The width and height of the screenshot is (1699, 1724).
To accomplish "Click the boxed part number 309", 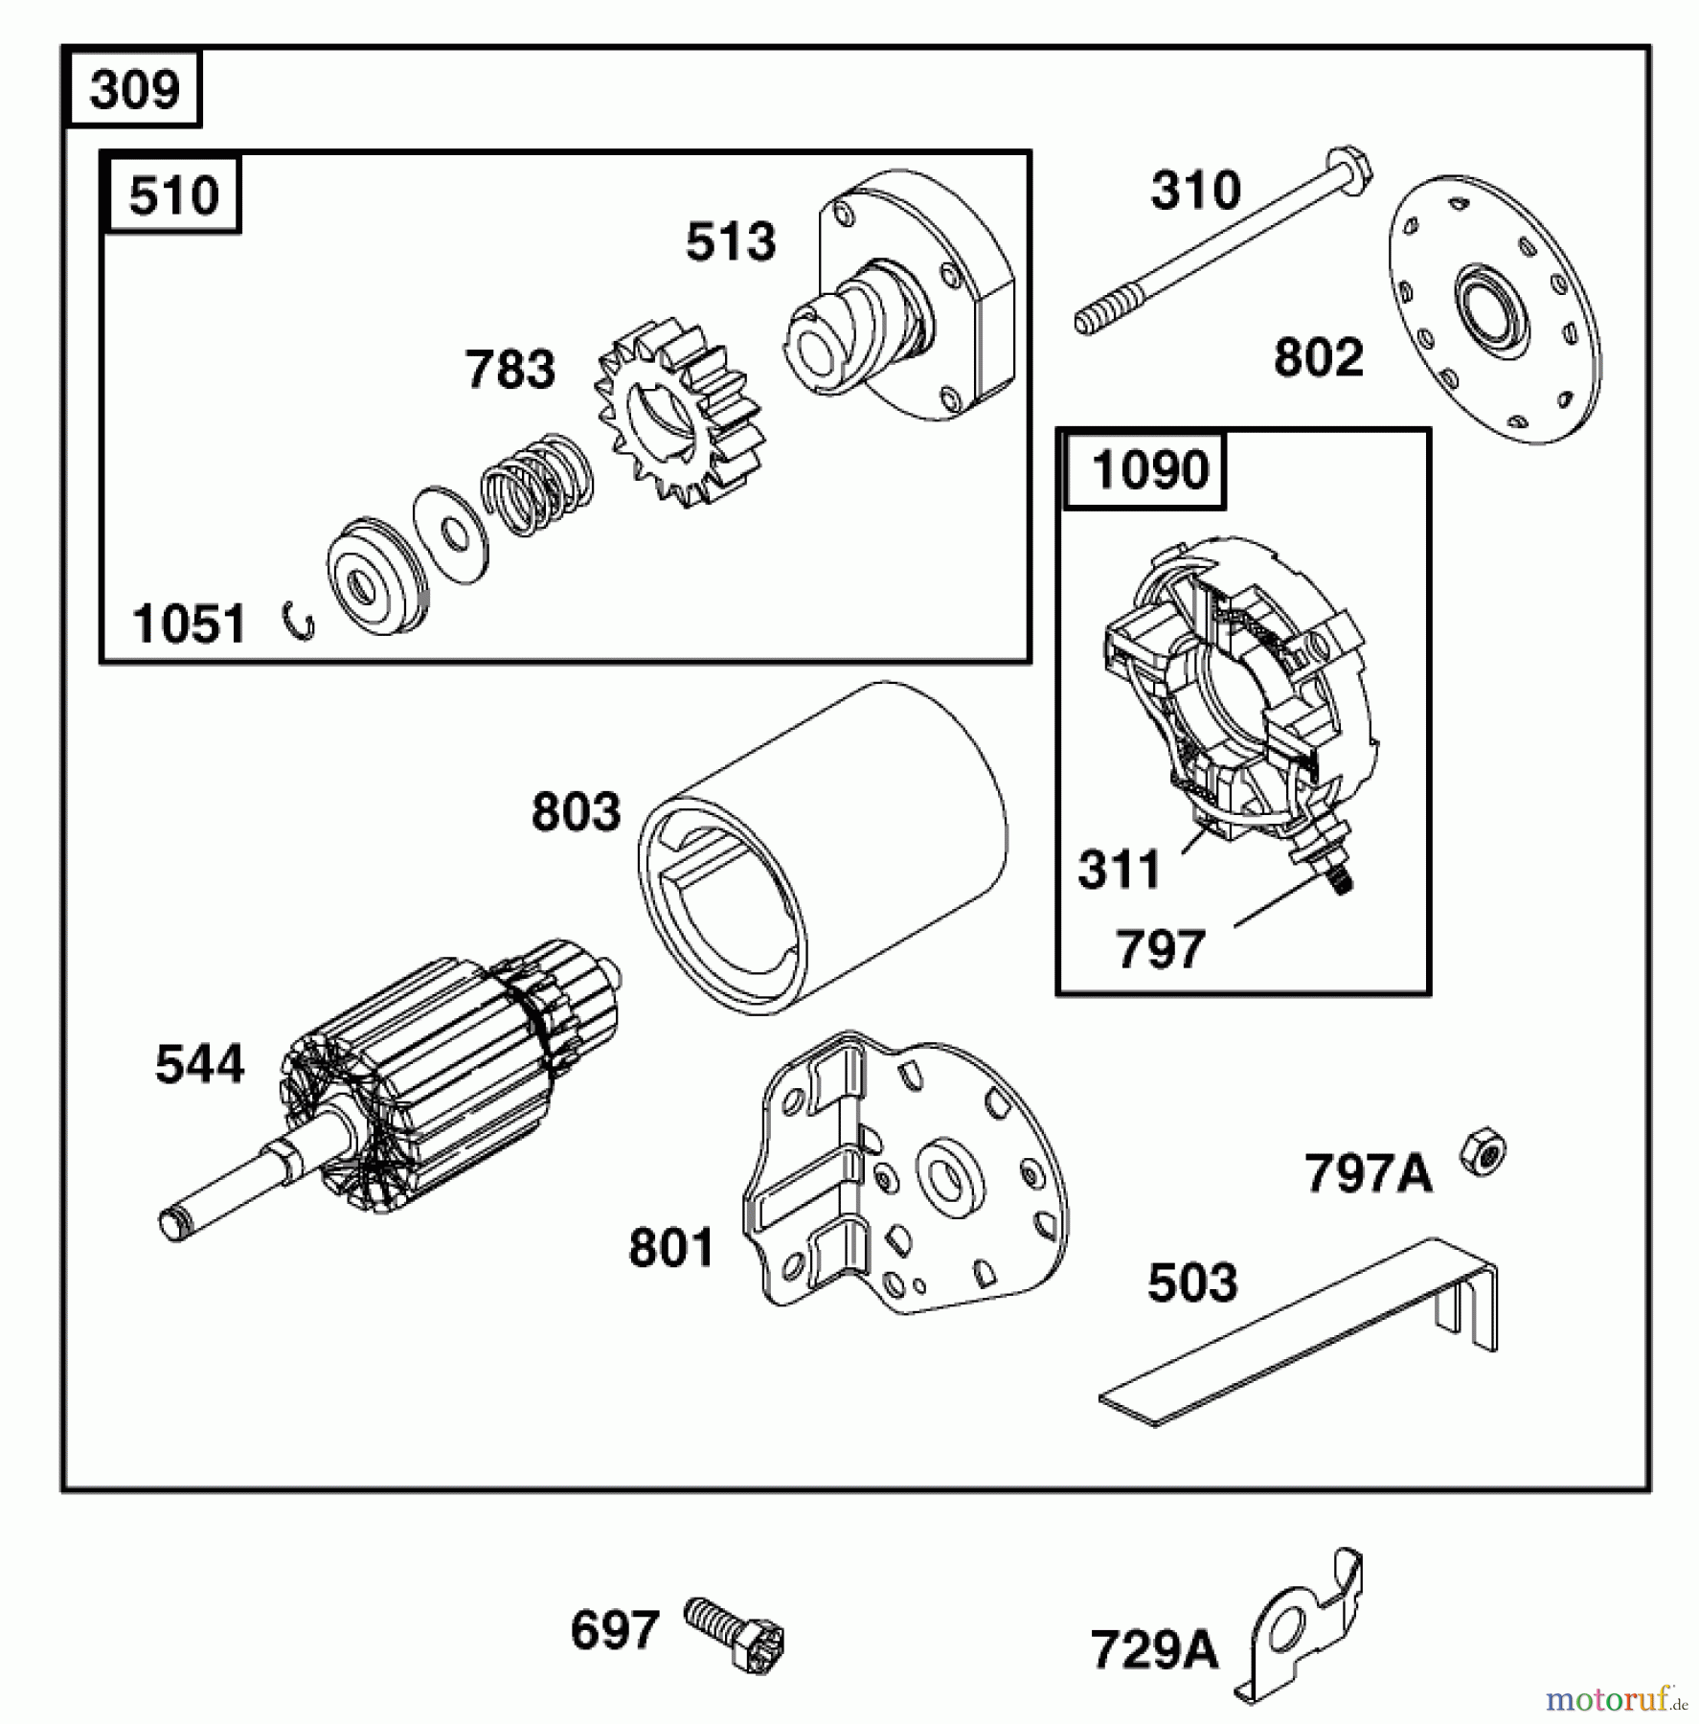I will click(134, 90).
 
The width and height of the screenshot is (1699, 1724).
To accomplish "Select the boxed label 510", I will click(173, 195).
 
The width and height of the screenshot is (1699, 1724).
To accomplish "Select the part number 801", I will click(671, 1248).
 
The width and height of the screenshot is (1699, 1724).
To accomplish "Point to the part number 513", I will click(731, 241).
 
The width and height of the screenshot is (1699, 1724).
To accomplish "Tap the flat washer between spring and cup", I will click(450, 536).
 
